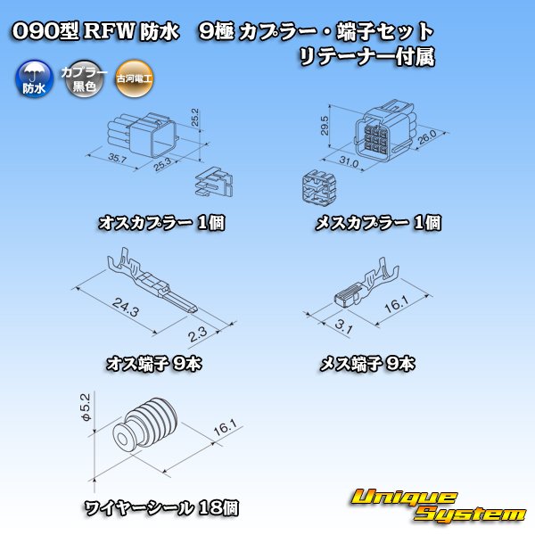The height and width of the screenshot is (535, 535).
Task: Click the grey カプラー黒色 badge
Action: (72, 81)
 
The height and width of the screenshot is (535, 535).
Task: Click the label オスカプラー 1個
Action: (160, 223)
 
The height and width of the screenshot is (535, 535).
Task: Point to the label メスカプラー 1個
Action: (377, 223)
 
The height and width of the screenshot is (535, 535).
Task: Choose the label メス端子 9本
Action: (368, 363)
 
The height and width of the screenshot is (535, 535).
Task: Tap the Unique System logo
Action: (437, 505)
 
